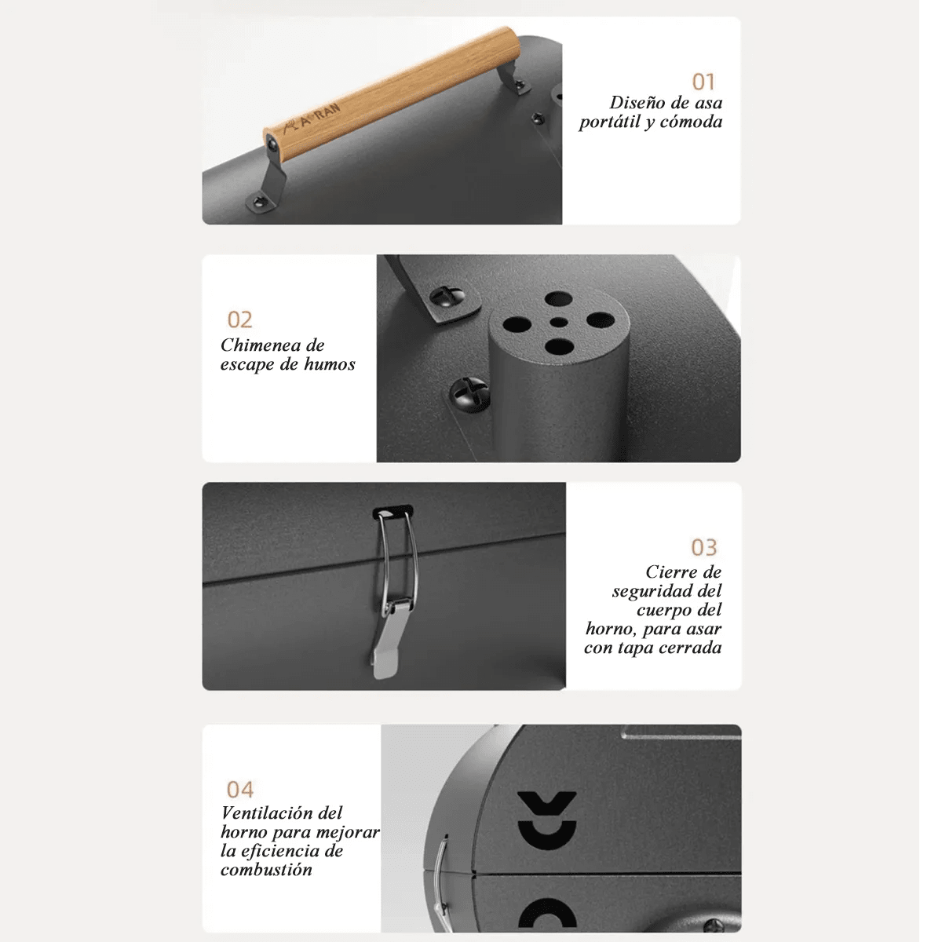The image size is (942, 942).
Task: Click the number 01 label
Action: (703, 82)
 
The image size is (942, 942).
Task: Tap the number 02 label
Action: (239, 319)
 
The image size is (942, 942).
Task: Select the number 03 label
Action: (703, 547)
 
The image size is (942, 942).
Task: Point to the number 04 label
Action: (240, 790)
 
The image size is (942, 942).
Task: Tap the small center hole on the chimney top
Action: (558, 322)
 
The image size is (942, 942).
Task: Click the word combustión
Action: (266, 870)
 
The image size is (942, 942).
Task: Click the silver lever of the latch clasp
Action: (386, 640)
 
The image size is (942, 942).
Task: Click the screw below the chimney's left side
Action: (469, 394)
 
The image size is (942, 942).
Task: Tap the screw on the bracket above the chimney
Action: (447, 296)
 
